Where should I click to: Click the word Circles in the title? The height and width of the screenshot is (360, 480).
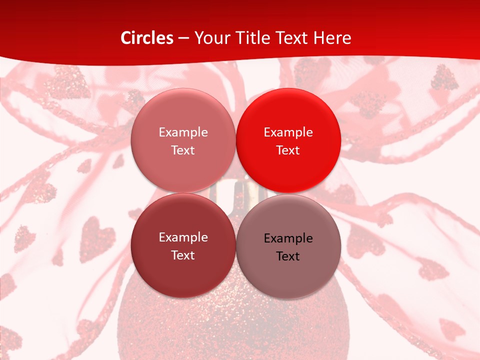pyautogui.click(x=147, y=38)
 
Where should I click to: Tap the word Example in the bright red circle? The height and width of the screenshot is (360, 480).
pyautogui.click(x=288, y=132)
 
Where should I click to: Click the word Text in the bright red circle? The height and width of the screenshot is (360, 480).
pyautogui.click(x=288, y=150)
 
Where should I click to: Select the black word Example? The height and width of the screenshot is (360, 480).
pyautogui.click(x=288, y=238)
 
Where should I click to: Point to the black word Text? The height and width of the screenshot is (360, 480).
pyautogui.click(x=288, y=256)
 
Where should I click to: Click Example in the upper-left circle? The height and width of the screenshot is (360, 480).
pyautogui.click(x=183, y=132)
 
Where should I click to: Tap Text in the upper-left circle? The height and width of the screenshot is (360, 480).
pyautogui.click(x=183, y=150)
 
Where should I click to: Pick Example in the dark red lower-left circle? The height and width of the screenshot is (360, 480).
pyautogui.click(x=183, y=237)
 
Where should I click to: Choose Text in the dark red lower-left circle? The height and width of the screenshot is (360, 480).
pyautogui.click(x=183, y=255)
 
